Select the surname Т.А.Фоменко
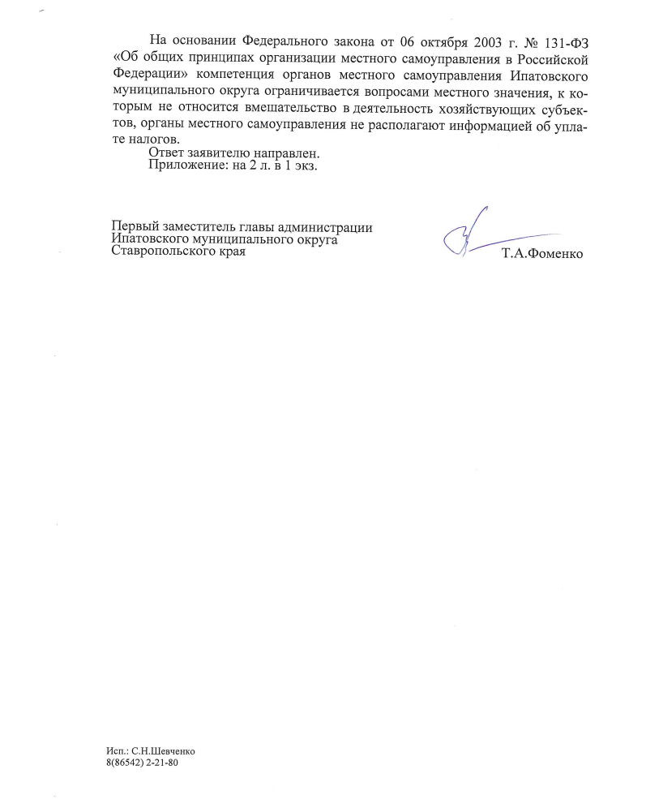pyautogui.click(x=542, y=255)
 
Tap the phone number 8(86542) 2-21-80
pyautogui.click(x=142, y=763)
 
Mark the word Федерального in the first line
pyautogui.click(x=280, y=41)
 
